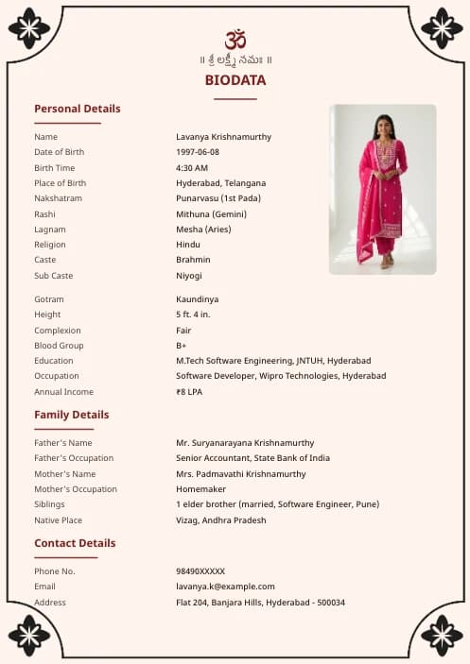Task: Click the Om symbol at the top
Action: tap(235, 40)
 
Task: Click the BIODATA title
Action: tap(235, 80)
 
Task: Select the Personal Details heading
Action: tap(78, 109)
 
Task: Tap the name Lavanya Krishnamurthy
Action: tap(223, 137)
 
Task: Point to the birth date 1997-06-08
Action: tap(198, 152)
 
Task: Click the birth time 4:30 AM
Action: tap(192, 167)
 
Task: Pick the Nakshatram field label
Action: tap(58, 198)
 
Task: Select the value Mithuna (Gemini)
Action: tap(211, 213)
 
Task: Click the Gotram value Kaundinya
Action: tap(197, 299)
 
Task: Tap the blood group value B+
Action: tap(182, 346)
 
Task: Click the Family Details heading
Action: tap(72, 415)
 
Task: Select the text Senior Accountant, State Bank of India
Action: tap(252, 458)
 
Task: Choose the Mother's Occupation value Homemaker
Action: tap(200, 489)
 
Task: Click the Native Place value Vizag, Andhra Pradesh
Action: tap(221, 520)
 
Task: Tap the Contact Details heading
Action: tap(75, 543)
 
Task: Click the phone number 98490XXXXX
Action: tap(200, 571)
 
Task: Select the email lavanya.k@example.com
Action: tap(225, 587)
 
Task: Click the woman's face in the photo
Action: tap(385, 125)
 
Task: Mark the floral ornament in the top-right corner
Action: tap(442, 27)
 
